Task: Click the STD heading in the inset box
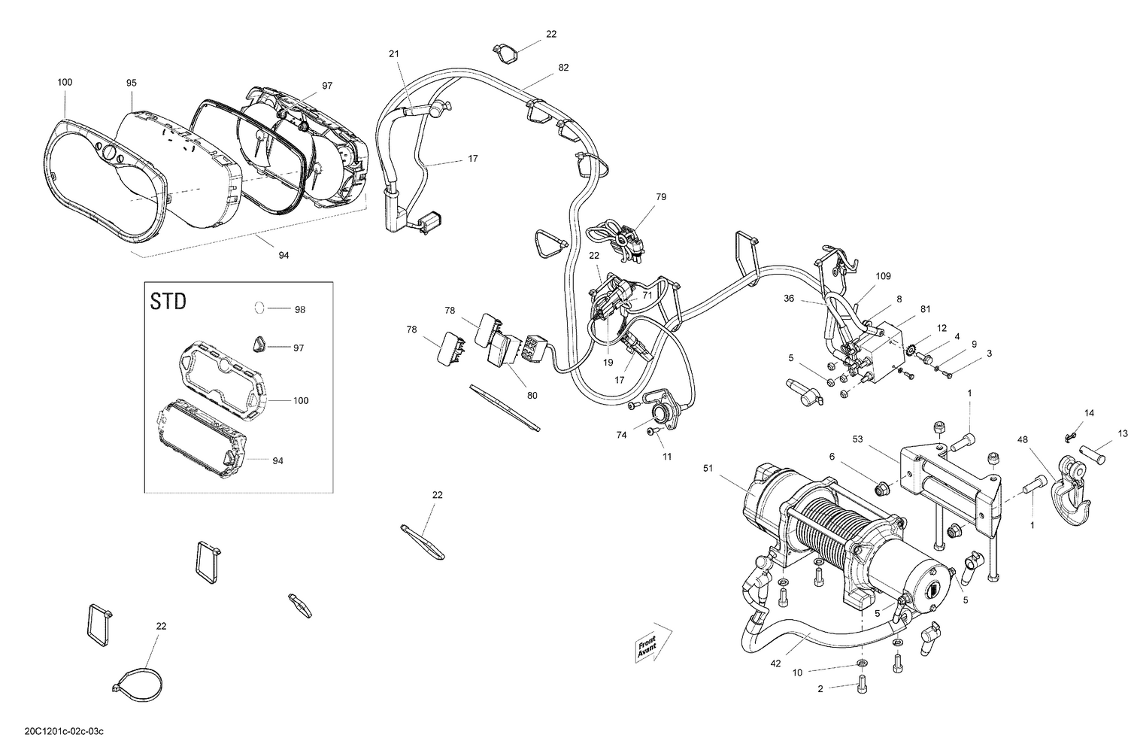click(x=168, y=302)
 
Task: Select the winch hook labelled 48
click(x=1072, y=481)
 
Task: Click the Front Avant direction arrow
click(x=647, y=643)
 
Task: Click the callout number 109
click(x=883, y=276)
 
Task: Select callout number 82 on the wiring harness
click(x=563, y=67)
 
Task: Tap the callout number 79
click(x=660, y=197)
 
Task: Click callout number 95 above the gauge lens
click(x=132, y=82)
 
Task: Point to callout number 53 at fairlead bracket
click(x=857, y=439)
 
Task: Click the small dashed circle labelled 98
click(x=258, y=308)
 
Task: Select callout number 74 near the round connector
click(x=621, y=435)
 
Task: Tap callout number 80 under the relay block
click(x=532, y=395)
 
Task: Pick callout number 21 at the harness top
click(x=395, y=53)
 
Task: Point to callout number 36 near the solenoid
click(x=789, y=298)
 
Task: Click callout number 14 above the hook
click(x=1089, y=413)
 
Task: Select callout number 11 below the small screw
click(x=667, y=457)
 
